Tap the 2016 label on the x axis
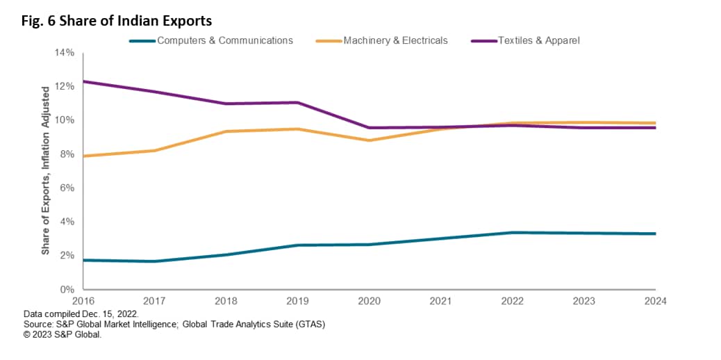(x=83, y=301)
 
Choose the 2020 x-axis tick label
(x=370, y=301)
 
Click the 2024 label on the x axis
(x=655, y=301)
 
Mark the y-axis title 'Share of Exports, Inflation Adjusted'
(x=46, y=170)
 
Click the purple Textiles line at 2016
(x=84, y=81)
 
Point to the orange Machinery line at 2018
(x=226, y=131)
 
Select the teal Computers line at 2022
(x=513, y=232)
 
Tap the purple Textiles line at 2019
(x=298, y=103)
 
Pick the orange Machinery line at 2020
(x=370, y=140)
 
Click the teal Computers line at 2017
(x=155, y=261)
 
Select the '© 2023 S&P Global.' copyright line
(x=63, y=334)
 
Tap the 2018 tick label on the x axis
(x=226, y=301)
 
